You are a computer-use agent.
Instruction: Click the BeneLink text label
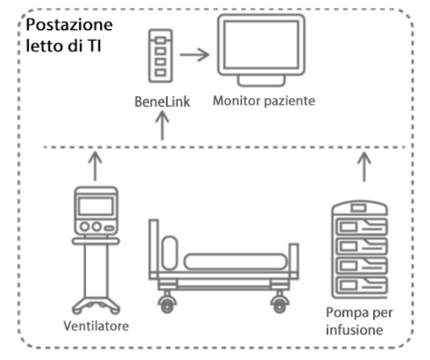161,103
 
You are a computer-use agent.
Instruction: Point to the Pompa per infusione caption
359,319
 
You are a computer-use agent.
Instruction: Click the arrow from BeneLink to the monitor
195,54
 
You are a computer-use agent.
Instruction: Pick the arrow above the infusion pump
364,167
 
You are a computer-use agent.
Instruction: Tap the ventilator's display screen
95,206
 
